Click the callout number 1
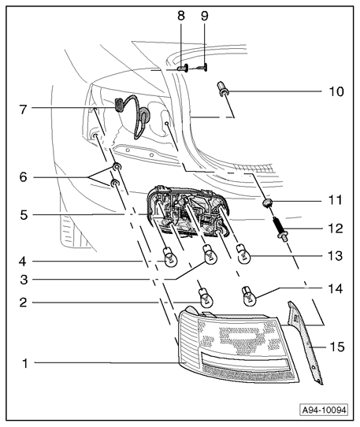25,363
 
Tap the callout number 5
24,215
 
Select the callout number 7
24,110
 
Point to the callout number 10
336,91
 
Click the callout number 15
337,347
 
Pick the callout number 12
336,228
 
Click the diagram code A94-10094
325,410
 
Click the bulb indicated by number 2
206,298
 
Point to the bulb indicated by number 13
244,254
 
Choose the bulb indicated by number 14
248,296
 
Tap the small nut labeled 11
267,203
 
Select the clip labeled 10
223,89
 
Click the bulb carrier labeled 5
188,211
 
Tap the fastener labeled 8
183,68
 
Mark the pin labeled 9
203,67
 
